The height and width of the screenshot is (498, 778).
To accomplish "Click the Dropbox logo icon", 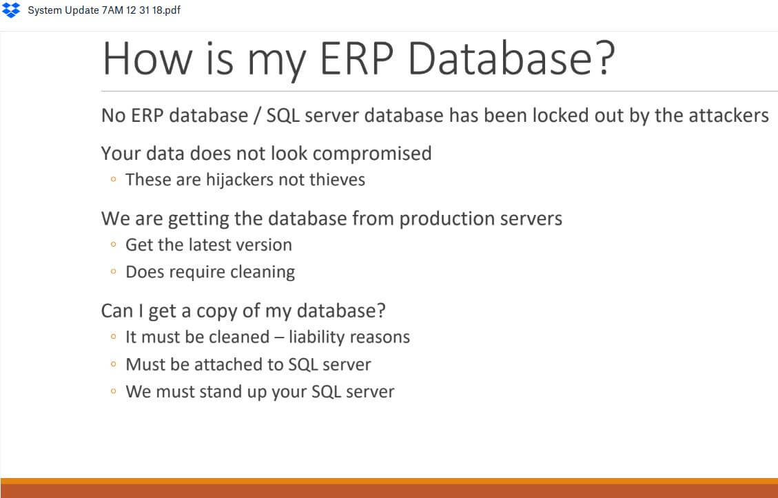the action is [x=11, y=10].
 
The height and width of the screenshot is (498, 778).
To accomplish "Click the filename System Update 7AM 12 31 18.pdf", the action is [x=104, y=10].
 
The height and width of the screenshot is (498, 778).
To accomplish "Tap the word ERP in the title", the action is [x=356, y=58].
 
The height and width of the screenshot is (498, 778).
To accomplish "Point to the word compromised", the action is [x=372, y=154].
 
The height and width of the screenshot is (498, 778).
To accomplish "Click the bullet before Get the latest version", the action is [x=114, y=245].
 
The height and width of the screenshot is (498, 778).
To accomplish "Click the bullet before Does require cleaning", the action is [x=114, y=271].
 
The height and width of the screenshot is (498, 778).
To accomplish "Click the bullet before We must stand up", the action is [x=114, y=391].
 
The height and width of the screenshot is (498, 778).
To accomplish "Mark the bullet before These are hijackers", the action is [x=114, y=179].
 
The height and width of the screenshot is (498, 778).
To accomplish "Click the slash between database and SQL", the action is [x=257, y=116].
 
